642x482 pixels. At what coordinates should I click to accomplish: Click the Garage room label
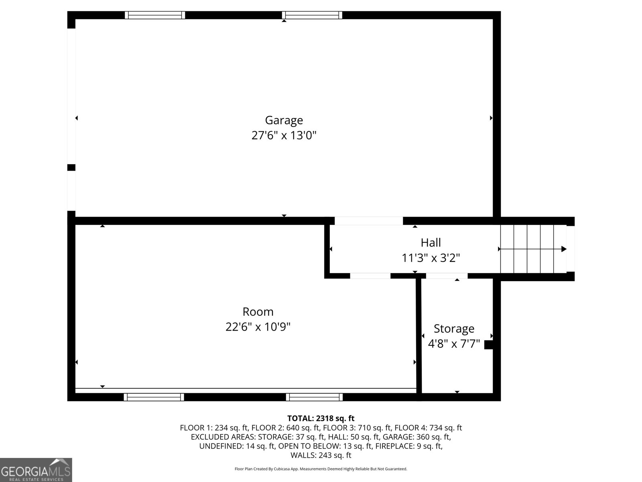coord(284,120)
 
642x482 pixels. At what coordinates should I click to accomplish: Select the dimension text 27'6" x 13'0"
coord(284,135)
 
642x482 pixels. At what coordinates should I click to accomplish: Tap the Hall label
coord(431,243)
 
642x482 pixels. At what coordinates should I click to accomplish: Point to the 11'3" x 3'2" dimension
coord(431,258)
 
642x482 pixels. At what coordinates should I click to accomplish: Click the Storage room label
coord(454,329)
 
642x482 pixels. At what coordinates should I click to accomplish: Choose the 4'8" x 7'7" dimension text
coord(454,344)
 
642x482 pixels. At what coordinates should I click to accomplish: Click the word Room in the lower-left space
coord(258,312)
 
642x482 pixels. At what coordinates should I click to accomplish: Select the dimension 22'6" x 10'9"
coord(258,327)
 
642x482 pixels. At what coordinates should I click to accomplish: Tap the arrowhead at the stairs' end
coord(564,249)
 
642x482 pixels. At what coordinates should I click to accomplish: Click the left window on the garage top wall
coord(155,15)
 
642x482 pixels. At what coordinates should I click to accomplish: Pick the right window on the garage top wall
coord(312,15)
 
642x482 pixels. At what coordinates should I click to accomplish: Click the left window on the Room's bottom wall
coord(154,397)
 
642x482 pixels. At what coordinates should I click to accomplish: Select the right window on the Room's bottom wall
coord(314,397)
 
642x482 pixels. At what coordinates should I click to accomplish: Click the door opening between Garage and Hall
coord(368,221)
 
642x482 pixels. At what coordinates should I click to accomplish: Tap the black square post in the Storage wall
coord(488,345)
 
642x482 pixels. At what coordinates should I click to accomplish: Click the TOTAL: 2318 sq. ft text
coord(321,419)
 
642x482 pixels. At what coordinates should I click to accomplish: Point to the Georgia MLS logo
coord(36,470)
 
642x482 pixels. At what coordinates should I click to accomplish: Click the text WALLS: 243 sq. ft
coord(321,455)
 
